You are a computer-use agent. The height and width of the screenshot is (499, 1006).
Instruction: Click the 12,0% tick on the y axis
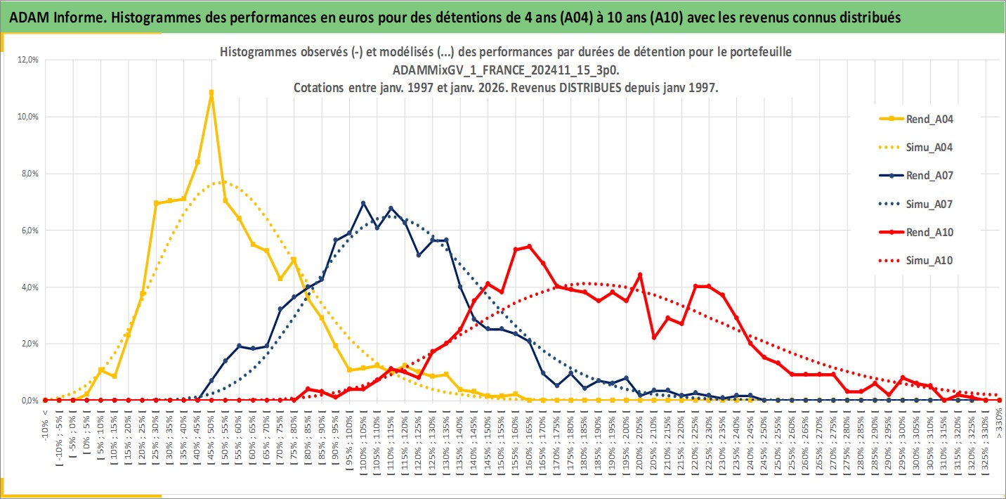pos(29,60)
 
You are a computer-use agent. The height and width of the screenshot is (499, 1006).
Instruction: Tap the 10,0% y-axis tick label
pos(29,117)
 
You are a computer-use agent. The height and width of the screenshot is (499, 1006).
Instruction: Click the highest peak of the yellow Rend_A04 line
pos(211,92)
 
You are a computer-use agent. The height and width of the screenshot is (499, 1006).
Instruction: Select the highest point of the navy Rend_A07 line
pos(363,203)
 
